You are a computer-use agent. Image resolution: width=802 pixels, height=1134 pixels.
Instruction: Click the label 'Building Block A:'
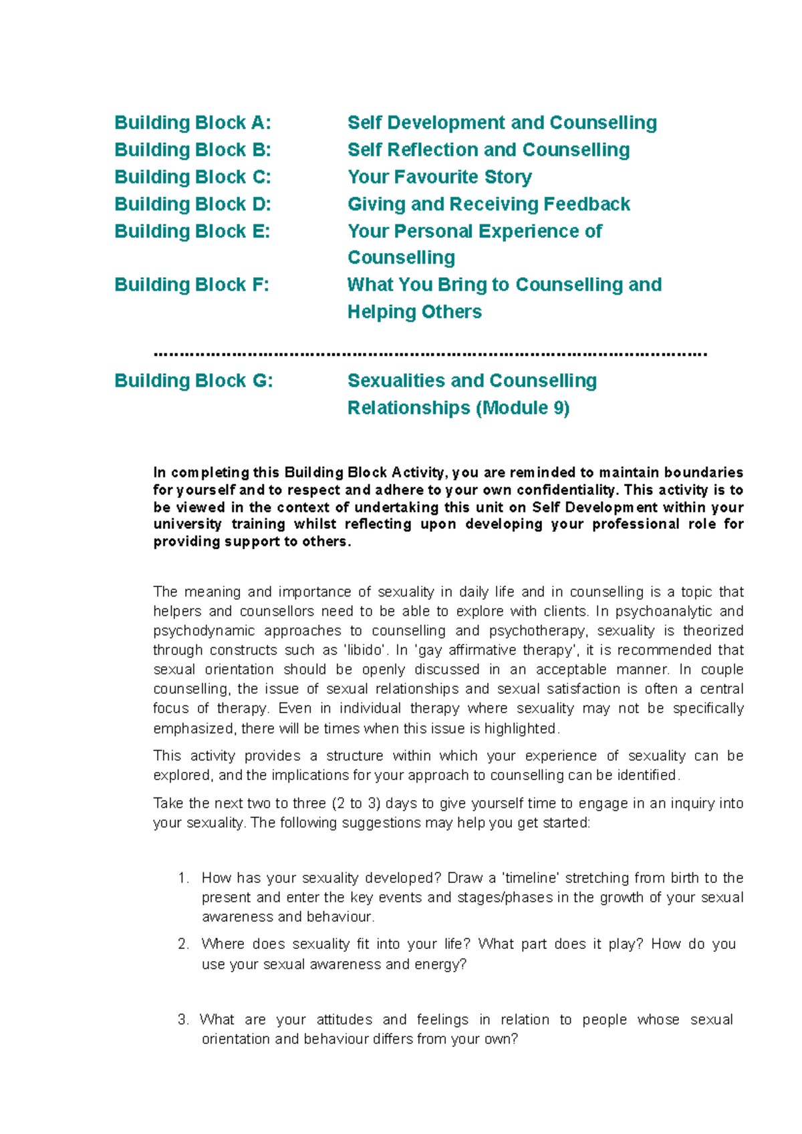[x=192, y=123]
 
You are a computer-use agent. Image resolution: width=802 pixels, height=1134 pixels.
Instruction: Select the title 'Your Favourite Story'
[x=439, y=177]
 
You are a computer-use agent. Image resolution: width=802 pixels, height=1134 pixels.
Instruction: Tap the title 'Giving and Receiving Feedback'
[x=489, y=204]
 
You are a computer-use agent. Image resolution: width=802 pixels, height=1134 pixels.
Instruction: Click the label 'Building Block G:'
[x=193, y=381]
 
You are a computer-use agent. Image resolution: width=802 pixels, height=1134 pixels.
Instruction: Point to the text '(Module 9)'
[x=523, y=408]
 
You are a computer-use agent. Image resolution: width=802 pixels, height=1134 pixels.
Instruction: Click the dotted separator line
[x=430, y=353]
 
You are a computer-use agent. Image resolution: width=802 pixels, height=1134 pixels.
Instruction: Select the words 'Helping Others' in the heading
[x=414, y=312]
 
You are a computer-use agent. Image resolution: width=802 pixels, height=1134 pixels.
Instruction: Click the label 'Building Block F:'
[x=192, y=285]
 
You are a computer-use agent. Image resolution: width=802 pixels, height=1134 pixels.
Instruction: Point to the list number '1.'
[x=184, y=878]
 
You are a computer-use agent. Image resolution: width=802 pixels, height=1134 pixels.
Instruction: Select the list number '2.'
[x=184, y=944]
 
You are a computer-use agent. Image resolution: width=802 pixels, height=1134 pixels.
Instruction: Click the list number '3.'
[x=184, y=1020]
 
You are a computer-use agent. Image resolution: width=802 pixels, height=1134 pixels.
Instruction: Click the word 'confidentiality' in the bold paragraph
[x=562, y=490]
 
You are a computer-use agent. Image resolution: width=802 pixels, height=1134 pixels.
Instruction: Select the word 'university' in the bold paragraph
[x=187, y=524]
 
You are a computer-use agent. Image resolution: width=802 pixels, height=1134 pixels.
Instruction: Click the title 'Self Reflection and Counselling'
[x=488, y=150]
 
